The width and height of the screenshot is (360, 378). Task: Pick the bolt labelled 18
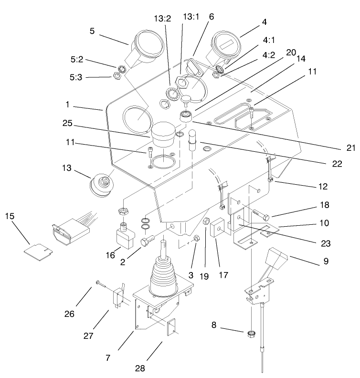pos(262,218)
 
